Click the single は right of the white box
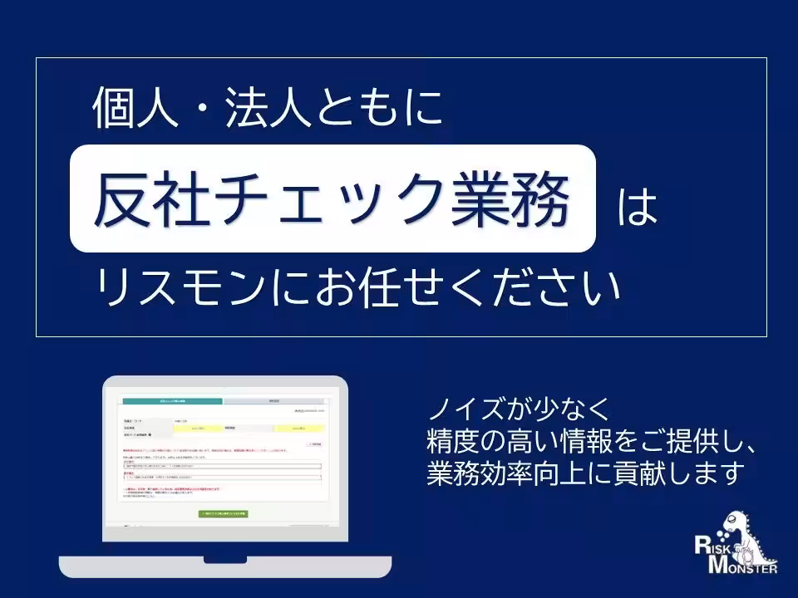pyautogui.click(x=638, y=208)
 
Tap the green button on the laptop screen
pyautogui.click(x=224, y=513)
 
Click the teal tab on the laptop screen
pyautogui.click(x=172, y=401)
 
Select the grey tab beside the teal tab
pyautogui.click(x=274, y=401)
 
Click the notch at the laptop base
pyautogui.click(x=224, y=558)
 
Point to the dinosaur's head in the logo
pyautogui.click(x=735, y=520)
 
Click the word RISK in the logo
pyautogui.click(x=714, y=547)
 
